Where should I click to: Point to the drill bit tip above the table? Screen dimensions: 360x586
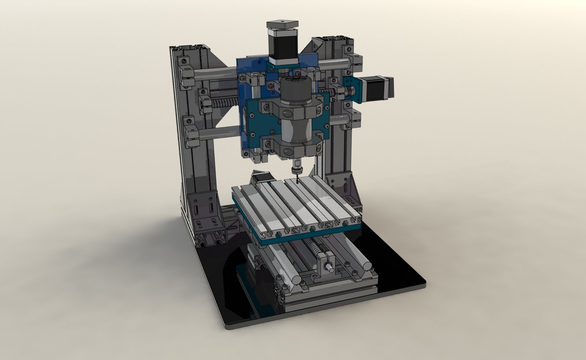(297, 180)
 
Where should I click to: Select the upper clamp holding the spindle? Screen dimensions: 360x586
(293, 109)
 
